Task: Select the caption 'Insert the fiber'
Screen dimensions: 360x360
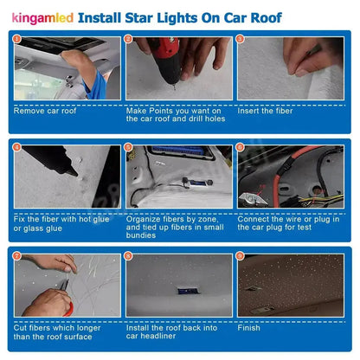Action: (x=265, y=110)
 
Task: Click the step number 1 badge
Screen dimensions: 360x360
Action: (x=16, y=39)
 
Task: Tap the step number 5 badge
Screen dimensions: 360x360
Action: (x=129, y=147)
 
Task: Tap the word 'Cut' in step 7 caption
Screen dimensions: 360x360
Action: (x=19, y=326)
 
